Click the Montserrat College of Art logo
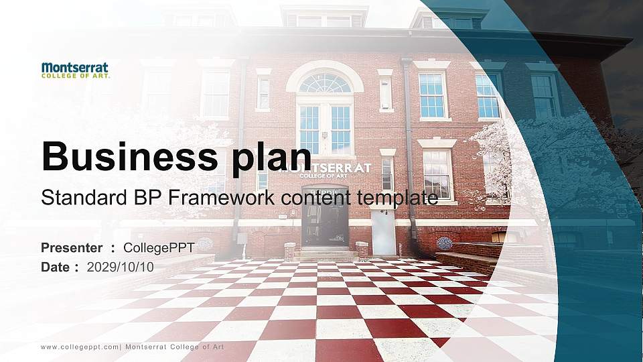point(75,70)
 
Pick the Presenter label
point(72,248)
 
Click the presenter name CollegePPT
point(159,248)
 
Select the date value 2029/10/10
point(121,267)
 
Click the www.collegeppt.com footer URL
point(80,347)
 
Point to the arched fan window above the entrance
point(325,83)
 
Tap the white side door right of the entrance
point(384,232)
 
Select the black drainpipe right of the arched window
point(408,134)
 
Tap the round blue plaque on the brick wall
point(443,243)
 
